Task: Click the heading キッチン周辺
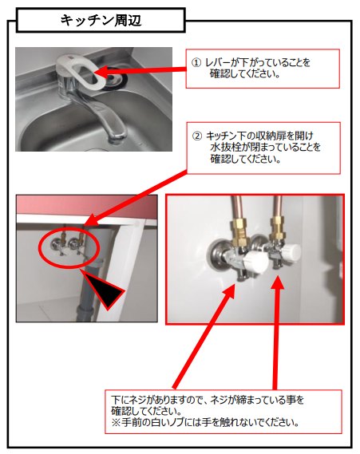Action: pyautogui.click(x=101, y=21)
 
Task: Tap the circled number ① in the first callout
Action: pyautogui.click(x=196, y=62)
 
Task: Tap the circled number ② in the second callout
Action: pyautogui.click(x=197, y=136)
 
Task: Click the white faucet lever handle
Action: pyautogui.click(x=81, y=71)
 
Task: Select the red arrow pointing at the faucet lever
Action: pyautogui.click(x=140, y=71)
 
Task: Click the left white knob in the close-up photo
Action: pyautogui.click(x=255, y=261)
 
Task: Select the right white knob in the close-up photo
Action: pyautogui.click(x=291, y=252)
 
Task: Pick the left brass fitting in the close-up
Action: pyautogui.click(x=240, y=229)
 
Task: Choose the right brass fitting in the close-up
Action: pyautogui.click(x=277, y=226)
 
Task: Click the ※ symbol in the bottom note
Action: pyautogui.click(x=116, y=423)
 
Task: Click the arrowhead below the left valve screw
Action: pyautogui.click(x=229, y=290)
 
